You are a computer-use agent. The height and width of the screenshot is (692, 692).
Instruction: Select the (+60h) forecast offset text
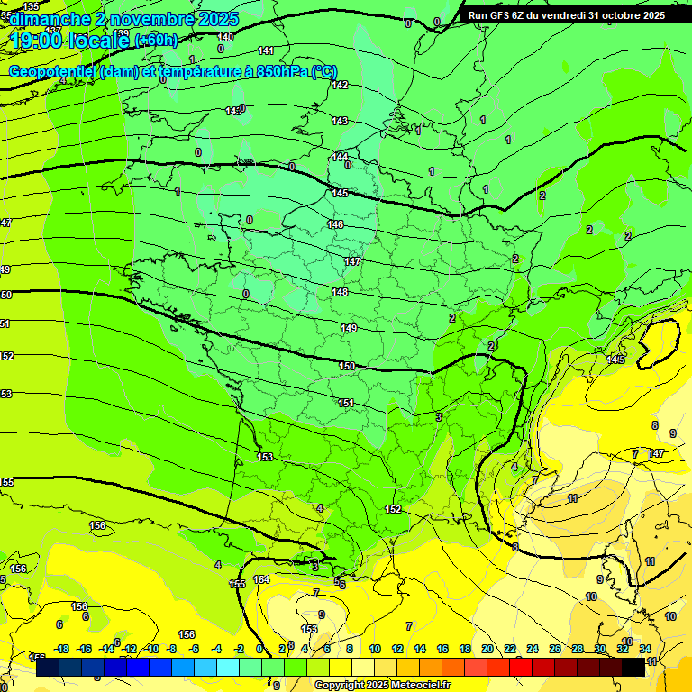pos(156,40)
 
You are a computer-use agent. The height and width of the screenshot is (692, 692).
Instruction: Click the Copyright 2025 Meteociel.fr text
pos(382,685)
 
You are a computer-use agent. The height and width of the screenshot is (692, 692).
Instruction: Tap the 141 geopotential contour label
pos(266,50)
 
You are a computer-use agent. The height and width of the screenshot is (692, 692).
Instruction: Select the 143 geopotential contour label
pos(340,121)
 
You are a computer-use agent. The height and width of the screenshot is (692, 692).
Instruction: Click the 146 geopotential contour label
pos(335,224)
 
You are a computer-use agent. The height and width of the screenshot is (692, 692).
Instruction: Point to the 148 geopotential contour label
pos(340,292)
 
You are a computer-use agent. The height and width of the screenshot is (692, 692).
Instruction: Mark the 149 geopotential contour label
pos(350,328)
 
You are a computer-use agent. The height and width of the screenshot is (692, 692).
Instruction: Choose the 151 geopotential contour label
pos(346,403)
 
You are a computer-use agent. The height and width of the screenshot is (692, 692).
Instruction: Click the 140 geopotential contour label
pos(226,37)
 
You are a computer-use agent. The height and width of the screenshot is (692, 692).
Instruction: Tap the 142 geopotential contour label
pos(340,85)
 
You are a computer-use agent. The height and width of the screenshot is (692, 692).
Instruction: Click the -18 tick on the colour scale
pos(61,649)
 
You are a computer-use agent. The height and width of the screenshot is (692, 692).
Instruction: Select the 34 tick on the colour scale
pos(645,649)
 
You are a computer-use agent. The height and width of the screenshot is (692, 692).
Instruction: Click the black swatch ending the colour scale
pos(633,667)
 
